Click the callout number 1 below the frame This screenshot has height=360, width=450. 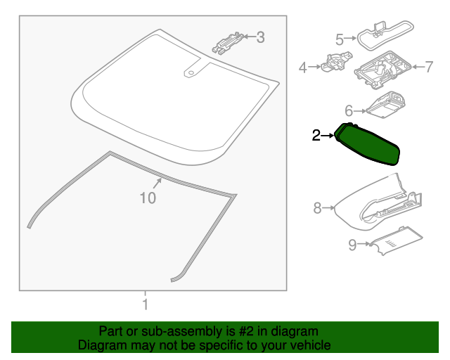click(145, 305)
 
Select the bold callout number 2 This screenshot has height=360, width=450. click(316, 134)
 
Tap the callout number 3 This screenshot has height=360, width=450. click(260, 37)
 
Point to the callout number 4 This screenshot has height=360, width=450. click(303, 67)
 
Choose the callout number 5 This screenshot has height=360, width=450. click(339, 39)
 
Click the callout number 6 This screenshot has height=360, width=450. click(347, 110)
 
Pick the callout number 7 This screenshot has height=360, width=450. click(429, 67)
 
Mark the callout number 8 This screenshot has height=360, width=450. click(317, 207)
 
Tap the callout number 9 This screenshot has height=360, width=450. click(352, 245)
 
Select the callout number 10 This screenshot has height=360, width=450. click(147, 198)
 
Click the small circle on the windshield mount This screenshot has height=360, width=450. click(189, 72)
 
